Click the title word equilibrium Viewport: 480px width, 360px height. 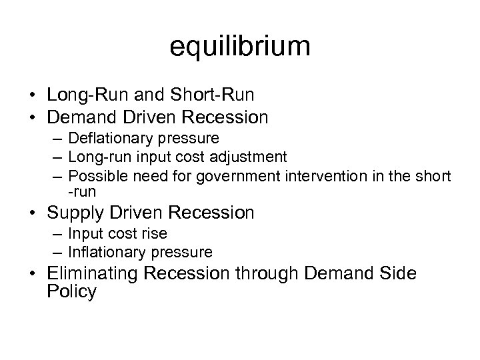click(x=240, y=47)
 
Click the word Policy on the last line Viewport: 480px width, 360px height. click(x=72, y=292)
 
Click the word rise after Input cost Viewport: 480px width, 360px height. click(x=155, y=234)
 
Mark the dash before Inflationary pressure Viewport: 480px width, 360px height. click(x=59, y=253)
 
